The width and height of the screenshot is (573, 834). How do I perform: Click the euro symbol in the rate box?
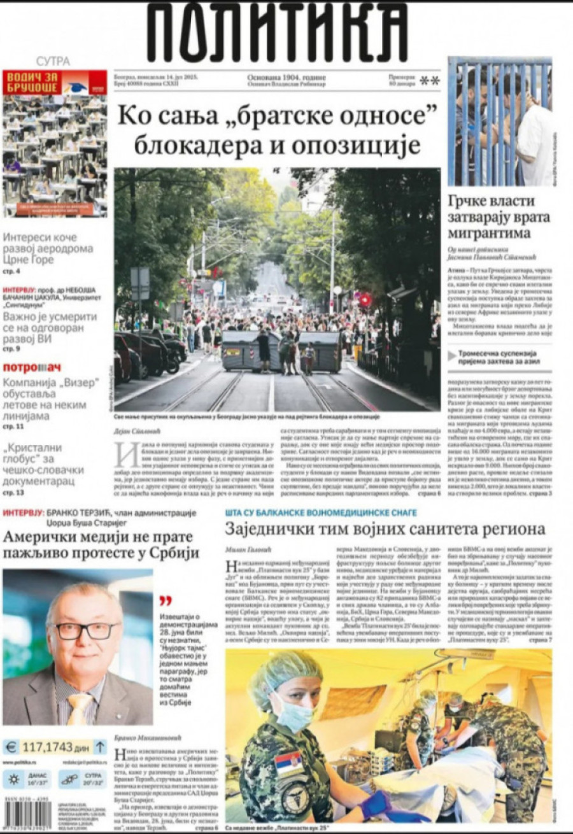pos(11,747)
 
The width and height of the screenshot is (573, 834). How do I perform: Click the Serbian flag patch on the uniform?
pos(288,763)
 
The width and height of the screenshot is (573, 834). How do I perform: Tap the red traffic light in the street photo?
pos(365,299)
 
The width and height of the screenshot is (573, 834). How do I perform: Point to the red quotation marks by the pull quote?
pos(166,600)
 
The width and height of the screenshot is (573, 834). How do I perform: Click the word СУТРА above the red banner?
pos(53,62)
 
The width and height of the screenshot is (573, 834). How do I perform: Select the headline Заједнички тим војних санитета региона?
pos(385,528)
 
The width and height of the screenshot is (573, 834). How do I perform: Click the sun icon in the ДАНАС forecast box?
pos(13,779)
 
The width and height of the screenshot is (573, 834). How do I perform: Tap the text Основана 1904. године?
pos(286,77)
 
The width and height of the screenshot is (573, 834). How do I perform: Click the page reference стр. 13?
pos(11,493)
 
